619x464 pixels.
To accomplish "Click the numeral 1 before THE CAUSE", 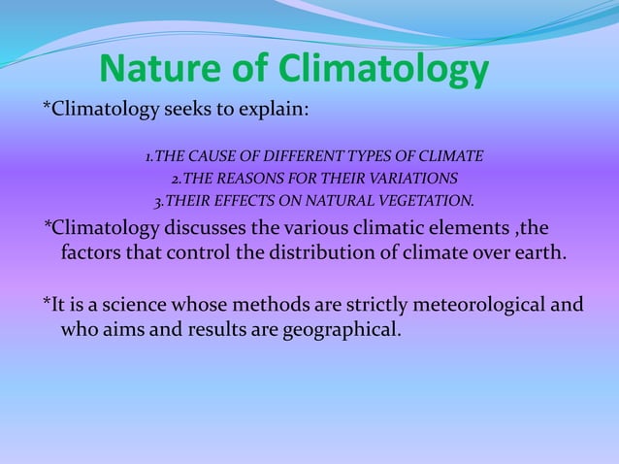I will pos(148,156).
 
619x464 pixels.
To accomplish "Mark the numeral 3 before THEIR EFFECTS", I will pos(159,202).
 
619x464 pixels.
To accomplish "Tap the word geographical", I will pos(340,330).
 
